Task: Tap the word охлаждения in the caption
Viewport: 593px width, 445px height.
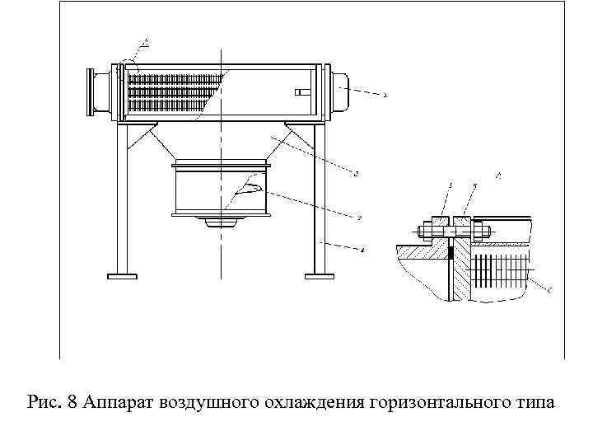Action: [x=311, y=404]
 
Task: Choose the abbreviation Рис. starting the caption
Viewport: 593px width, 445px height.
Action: [x=44, y=404]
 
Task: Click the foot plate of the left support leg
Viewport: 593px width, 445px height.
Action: [x=123, y=274]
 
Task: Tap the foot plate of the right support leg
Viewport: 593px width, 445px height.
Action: [x=320, y=274]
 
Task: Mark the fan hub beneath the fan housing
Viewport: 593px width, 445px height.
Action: [x=221, y=221]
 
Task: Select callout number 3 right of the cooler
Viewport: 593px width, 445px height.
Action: [x=385, y=95]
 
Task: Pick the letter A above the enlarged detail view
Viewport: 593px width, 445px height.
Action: [x=499, y=175]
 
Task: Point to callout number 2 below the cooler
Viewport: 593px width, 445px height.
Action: [x=356, y=173]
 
